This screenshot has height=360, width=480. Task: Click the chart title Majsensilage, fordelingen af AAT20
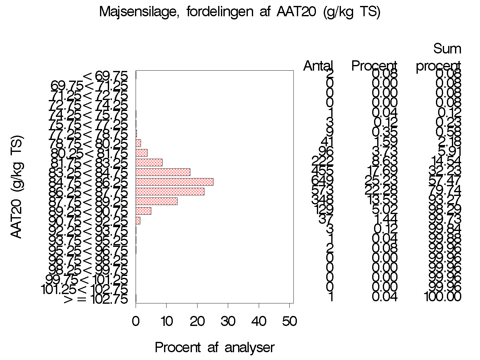coord(240,12)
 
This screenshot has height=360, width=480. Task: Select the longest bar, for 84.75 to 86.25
coord(174,182)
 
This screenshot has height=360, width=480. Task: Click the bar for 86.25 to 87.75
coord(170,192)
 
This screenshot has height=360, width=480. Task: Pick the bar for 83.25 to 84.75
coord(163,172)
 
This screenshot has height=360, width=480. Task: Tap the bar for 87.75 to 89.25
coord(157,201)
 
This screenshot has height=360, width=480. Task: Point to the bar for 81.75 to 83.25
coord(149,162)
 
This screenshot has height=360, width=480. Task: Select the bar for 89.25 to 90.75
coord(143,211)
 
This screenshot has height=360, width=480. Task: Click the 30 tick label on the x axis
coord(228,321)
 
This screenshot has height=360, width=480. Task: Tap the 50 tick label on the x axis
coord(289,321)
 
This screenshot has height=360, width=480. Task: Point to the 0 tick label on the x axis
coord(136,321)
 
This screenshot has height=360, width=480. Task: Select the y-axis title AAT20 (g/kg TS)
coord(17,187)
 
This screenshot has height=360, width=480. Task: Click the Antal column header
coord(318,66)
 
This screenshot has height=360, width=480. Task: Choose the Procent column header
coord(374,66)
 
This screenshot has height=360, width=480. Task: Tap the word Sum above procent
coord(447,49)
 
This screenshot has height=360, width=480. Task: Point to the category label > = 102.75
coord(96,299)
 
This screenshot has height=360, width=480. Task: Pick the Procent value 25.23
coord(381,181)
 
